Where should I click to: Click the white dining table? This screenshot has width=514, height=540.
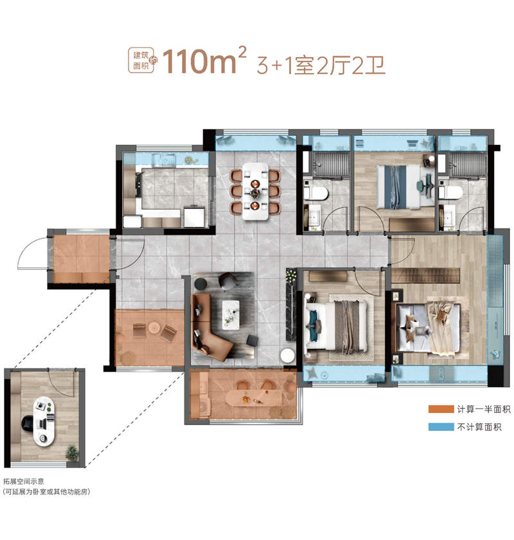[x=255, y=190]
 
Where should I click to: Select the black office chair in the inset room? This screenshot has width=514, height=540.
[x=28, y=423]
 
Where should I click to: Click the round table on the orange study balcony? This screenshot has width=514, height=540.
[x=155, y=328]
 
